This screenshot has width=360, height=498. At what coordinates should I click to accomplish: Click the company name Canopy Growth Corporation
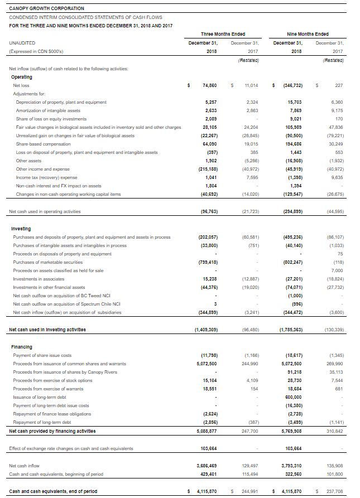(x=47, y=8)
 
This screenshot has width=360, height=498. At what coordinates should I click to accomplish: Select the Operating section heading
(x=22, y=77)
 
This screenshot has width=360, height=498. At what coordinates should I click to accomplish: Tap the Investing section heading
(x=21, y=229)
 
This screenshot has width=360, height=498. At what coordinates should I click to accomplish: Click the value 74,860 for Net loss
(x=208, y=85)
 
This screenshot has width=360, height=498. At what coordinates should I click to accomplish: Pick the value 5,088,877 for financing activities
(x=206, y=431)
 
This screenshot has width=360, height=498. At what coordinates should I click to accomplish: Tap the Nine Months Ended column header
(x=308, y=34)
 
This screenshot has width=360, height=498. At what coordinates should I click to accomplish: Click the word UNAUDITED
(x=22, y=42)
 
